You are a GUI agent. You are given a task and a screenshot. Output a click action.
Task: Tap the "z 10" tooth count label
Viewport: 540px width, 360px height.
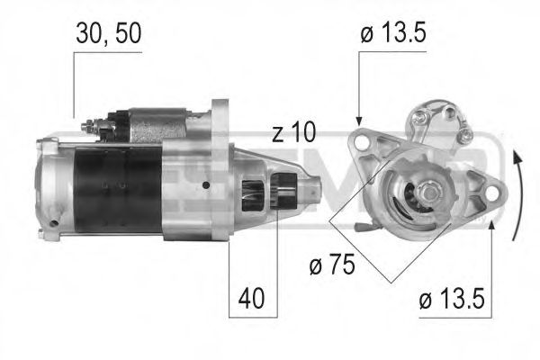coord(293,133)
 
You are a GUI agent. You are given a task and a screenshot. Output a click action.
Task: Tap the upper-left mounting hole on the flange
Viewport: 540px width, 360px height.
coord(360,141)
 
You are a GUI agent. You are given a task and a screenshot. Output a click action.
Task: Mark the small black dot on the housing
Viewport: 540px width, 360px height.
coord(206,186)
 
